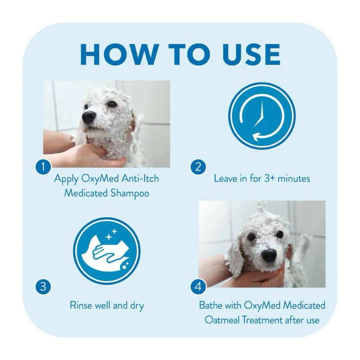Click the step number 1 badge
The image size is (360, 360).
[x=43, y=167]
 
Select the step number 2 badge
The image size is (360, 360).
[x=198, y=167]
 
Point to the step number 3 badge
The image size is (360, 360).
[x=43, y=287]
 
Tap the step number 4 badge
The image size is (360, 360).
[x=198, y=287]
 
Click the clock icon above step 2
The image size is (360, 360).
[x=262, y=116]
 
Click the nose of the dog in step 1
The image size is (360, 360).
[x=89, y=116]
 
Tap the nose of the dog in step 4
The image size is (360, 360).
[x=269, y=255]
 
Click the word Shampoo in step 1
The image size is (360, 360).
[x=130, y=193]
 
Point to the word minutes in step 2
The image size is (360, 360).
[x=294, y=178]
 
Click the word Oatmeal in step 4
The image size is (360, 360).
[x=222, y=320]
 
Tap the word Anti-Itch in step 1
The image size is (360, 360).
[x=140, y=178]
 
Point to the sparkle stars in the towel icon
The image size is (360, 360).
[x=111, y=234]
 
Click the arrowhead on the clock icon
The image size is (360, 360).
[x=256, y=137]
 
